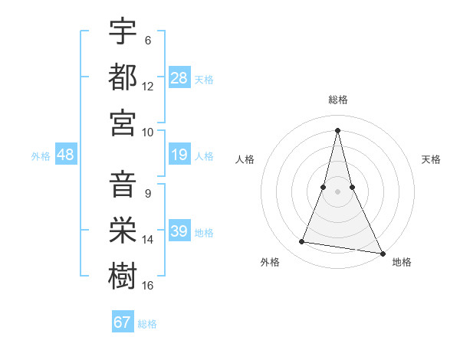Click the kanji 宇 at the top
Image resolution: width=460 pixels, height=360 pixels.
pyautogui.click(x=123, y=31)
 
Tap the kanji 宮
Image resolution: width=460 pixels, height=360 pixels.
pyautogui.click(x=123, y=122)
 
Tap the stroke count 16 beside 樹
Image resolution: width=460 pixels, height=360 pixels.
pyautogui.click(x=148, y=286)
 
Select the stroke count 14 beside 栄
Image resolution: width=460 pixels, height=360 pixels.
pyautogui.click(x=148, y=240)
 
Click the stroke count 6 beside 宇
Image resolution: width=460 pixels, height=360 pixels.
pyautogui.click(x=148, y=40)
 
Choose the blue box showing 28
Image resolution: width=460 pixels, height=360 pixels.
pyautogui.click(x=179, y=77)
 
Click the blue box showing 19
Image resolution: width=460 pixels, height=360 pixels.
pyautogui.click(x=179, y=155)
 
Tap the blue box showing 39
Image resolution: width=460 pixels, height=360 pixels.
pyautogui.click(x=179, y=231)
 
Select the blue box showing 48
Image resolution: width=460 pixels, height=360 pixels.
pyautogui.click(x=66, y=155)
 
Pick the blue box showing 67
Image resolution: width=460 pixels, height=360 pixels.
pyautogui.click(x=123, y=322)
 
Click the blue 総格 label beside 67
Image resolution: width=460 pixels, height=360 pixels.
pyautogui.click(x=147, y=324)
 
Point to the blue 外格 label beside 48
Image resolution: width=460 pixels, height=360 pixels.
pyautogui.click(x=41, y=156)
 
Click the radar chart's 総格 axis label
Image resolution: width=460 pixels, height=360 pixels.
pyautogui.click(x=337, y=100)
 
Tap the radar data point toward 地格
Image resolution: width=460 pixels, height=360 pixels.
pyautogui.click(x=383, y=254)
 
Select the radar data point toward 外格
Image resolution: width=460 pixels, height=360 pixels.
pyautogui.click(x=302, y=242)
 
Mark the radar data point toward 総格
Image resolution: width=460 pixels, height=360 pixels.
pyautogui.click(x=337, y=130)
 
